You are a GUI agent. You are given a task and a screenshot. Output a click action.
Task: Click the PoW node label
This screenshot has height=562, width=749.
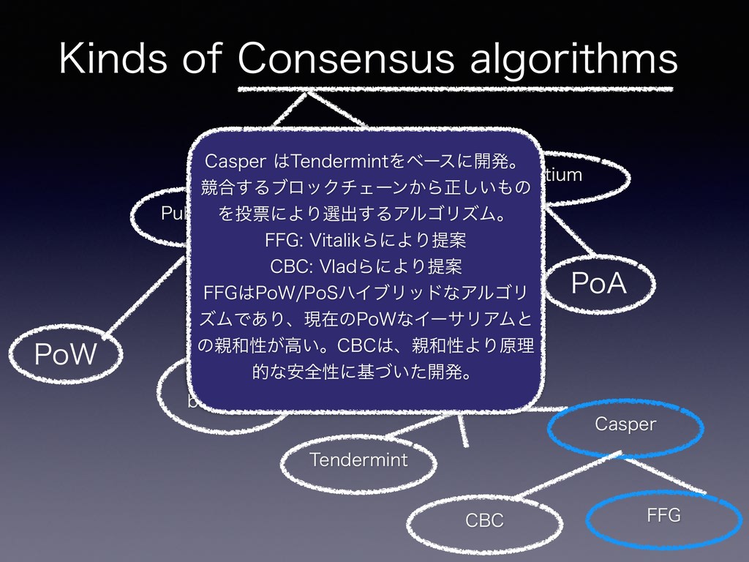click(x=66, y=356)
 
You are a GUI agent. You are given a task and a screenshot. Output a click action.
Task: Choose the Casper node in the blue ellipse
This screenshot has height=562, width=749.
click(x=625, y=424)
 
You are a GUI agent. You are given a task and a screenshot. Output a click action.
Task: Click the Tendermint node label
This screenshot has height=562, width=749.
click(x=358, y=460)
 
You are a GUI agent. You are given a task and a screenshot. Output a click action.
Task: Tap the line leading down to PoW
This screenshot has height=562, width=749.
click(x=149, y=296)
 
